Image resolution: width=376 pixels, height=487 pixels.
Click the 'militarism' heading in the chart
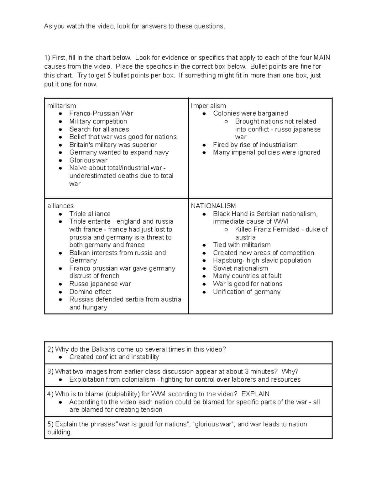pos(61,106)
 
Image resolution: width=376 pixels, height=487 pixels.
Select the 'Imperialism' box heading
pos(208,106)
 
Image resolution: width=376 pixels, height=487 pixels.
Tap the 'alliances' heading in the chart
pos(60,206)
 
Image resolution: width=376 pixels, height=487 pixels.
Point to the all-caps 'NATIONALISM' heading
pos(213,206)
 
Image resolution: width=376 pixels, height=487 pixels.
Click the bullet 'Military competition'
pos(98,121)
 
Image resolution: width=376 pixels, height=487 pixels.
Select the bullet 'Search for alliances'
pos(99,129)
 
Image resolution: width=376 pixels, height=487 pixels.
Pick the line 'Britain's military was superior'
pos(113,145)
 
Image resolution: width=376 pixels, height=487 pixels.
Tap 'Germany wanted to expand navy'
pos(119,152)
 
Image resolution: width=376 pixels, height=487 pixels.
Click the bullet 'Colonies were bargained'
pos(250,113)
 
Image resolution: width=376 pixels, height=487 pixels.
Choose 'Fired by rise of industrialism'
pos(255,145)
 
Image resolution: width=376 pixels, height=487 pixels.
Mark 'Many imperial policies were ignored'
pos(266,152)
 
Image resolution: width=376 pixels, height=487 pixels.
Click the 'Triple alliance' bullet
pos(90,214)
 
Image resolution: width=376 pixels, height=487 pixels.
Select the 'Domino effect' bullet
pos(90,292)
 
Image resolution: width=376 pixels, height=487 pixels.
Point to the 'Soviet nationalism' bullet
pos(240,268)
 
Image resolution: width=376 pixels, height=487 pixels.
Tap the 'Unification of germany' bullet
pos(247,292)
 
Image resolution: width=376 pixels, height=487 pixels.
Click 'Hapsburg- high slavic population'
pos(262,260)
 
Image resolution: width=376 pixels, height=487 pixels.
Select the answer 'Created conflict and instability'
pos(114,357)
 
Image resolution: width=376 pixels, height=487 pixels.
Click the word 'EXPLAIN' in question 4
pos(255,394)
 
